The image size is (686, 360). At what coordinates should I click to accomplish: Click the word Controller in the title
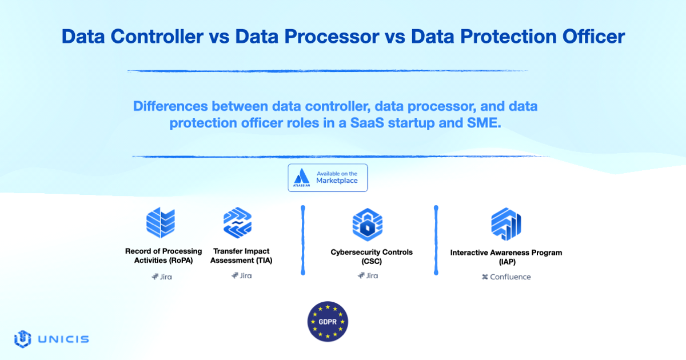(157, 37)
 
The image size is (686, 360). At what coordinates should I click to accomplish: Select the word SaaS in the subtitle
(367, 123)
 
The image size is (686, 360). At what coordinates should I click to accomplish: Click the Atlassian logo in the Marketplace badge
(301, 178)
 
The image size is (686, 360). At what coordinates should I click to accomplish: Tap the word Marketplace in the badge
(337, 181)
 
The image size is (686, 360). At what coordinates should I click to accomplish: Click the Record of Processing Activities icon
(161, 222)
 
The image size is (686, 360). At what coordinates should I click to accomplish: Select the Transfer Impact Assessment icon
(238, 222)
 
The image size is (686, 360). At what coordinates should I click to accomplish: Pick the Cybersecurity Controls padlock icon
(368, 225)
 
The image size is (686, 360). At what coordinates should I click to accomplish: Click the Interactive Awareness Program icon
(506, 224)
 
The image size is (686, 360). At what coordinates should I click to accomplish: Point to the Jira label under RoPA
(162, 277)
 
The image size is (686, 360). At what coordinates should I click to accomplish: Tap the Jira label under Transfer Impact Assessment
(242, 275)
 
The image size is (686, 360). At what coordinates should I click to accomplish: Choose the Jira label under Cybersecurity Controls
(368, 275)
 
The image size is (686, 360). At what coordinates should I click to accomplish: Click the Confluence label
(506, 277)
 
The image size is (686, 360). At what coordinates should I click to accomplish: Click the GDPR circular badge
(328, 321)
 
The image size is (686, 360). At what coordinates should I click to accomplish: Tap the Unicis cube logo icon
(23, 339)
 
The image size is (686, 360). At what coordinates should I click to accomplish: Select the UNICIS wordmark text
(63, 339)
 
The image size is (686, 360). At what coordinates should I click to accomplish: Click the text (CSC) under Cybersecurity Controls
(372, 262)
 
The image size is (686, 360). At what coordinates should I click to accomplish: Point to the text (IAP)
(507, 262)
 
